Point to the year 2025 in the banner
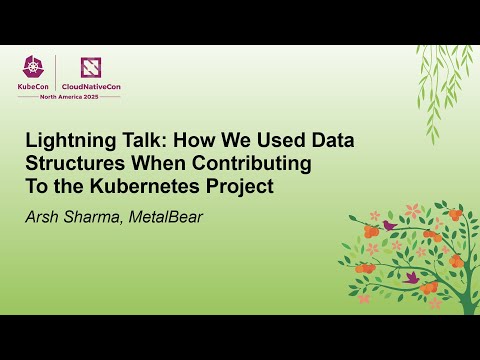point(106,96)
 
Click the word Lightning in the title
point(68,141)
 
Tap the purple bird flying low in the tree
point(411,277)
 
